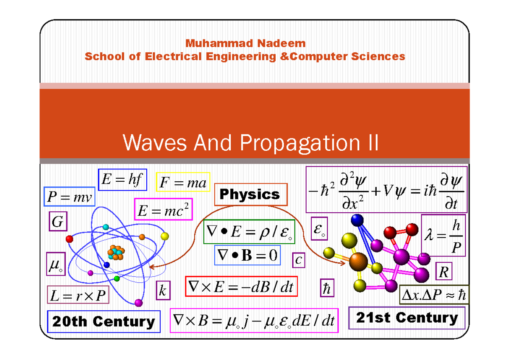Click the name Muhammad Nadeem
245,43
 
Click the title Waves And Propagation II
250,143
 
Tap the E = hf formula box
123,180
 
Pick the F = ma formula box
183,183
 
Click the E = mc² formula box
163,209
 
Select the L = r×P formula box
78,295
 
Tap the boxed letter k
163,291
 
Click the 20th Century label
104,321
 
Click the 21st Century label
407,318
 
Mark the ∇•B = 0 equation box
247,255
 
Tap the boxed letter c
299,259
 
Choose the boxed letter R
444,272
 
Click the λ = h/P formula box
443,236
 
